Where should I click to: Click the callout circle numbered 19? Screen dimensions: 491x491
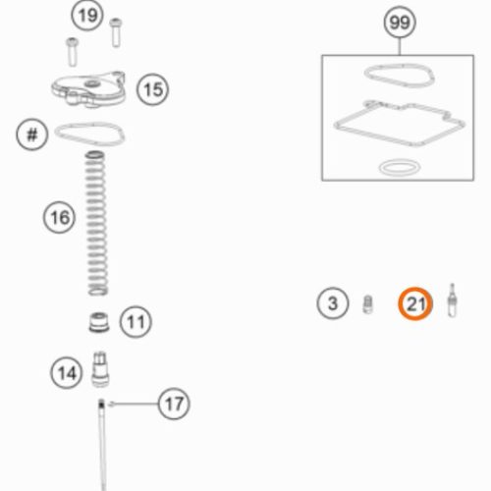tap(87, 16)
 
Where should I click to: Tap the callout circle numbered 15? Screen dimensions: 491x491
tap(153, 89)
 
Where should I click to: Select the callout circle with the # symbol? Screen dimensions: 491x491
tap(32, 135)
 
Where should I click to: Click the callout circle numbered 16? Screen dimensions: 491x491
tap(59, 217)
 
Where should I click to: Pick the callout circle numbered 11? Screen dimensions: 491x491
tap(136, 322)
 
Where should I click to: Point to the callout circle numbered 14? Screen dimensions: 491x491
tap(67, 373)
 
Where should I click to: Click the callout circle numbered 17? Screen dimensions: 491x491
tap(174, 404)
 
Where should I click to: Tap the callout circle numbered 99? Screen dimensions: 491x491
tap(400, 23)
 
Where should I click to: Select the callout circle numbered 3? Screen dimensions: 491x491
tap(333, 303)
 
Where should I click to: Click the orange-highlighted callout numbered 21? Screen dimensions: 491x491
tap(415, 303)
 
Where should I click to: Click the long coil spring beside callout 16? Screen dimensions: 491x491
tap(97, 223)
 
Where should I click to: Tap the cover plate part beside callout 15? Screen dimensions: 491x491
tap(88, 89)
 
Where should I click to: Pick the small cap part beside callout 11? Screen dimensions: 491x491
tap(99, 323)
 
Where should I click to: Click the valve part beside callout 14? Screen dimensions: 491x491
tap(100, 369)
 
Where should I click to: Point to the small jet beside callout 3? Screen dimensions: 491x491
tap(368, 304)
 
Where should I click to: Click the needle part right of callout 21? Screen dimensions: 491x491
tap(453, 300)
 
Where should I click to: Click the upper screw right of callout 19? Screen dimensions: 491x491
tap(116, 32)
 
